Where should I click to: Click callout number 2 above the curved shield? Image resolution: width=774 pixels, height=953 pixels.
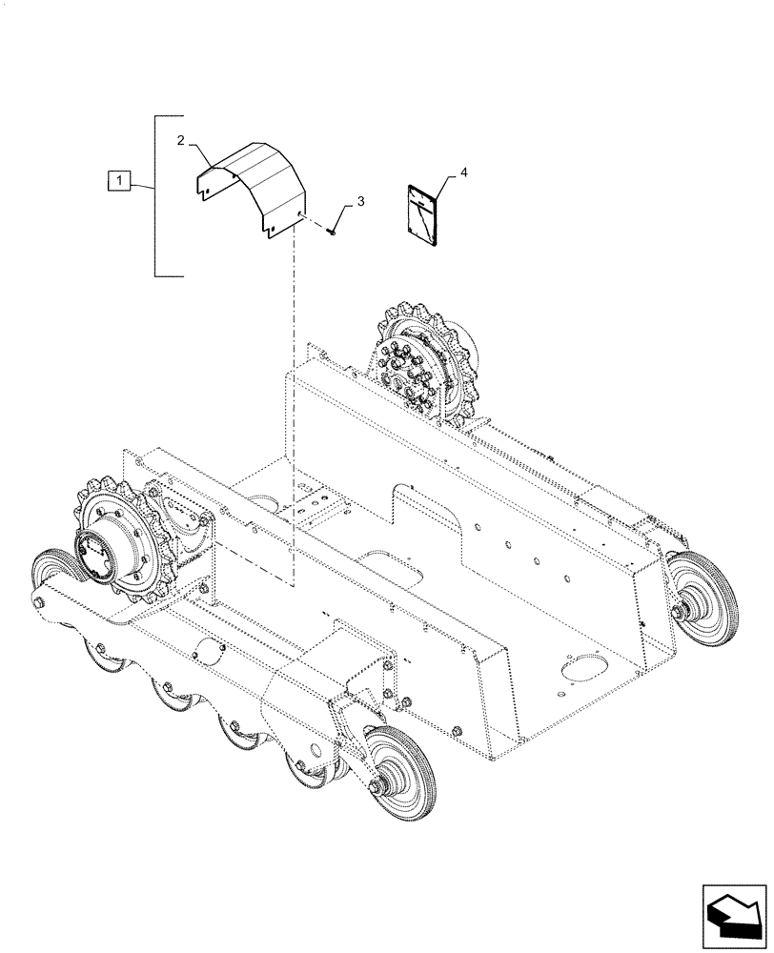180,141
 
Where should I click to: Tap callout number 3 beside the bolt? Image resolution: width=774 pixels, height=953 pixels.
360,202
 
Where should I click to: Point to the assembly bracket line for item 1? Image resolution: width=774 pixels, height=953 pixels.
155,195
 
